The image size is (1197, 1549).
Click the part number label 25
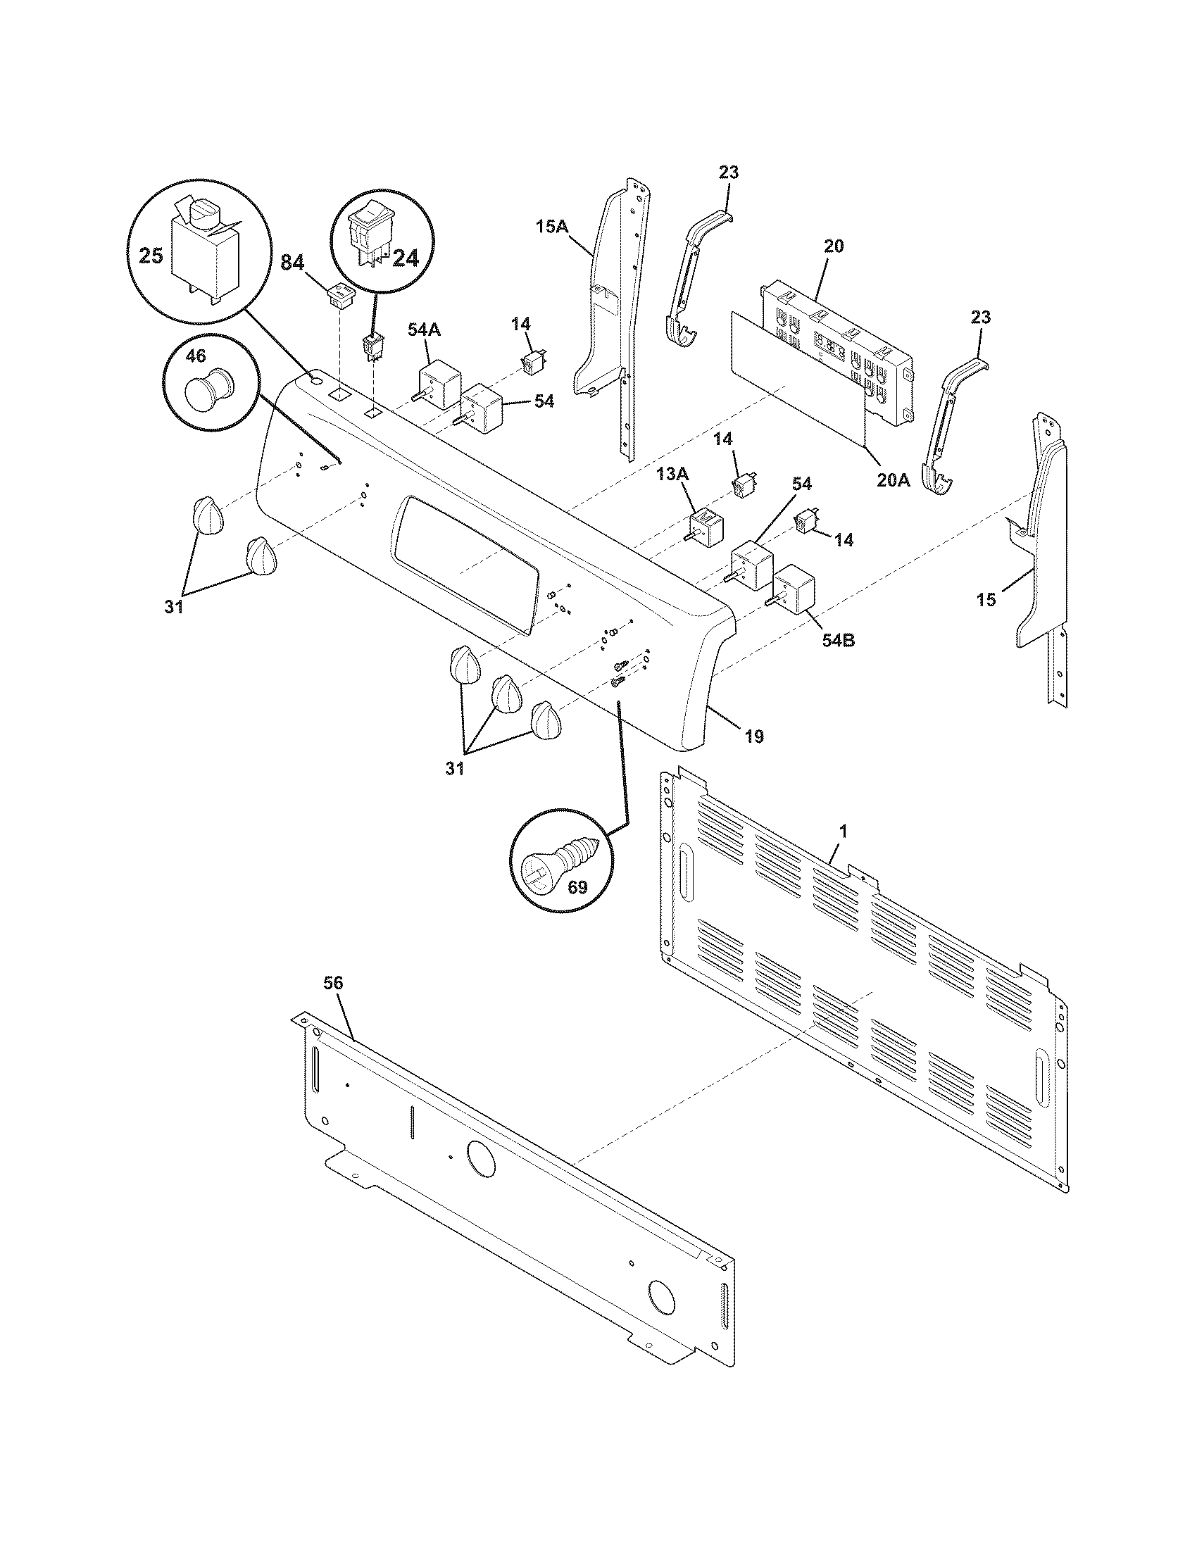tap(151, 256)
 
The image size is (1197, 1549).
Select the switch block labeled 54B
tap(794, 590)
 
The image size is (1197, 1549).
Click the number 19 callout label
tap(755, 737)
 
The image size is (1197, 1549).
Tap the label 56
tap(333, 983)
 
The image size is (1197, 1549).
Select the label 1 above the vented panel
tap(842, 829)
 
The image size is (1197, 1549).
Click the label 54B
tap(838, 641)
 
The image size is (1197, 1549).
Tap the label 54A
tap(424, 329)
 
